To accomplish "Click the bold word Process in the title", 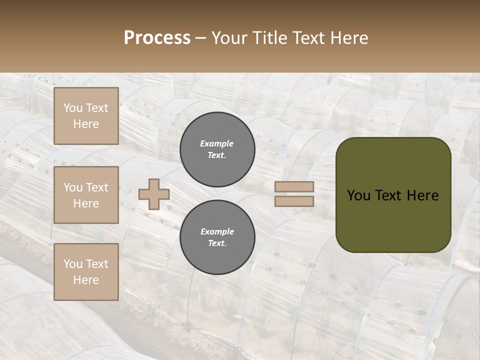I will [157, 38].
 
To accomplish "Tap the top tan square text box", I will [86, 116].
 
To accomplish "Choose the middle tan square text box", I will [86, 195].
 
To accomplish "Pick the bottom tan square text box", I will [86, 272].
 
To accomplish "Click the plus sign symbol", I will [153, 194].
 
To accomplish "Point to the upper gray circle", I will [217, 149].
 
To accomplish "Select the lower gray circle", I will [217, 237].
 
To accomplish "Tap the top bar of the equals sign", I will [294, 187].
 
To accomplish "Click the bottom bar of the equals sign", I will [294, 201].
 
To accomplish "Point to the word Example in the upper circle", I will [217, 143].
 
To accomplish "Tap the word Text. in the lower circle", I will [217, 243].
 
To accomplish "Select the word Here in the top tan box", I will [86, 124].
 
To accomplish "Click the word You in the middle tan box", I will [73, 187].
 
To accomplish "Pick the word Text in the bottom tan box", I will [96, 264].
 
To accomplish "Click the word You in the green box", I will [358, 195].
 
